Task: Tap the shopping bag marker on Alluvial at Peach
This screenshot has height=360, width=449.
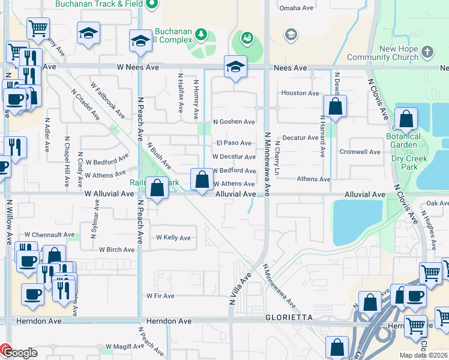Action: pyautogui.click(x=157, y=188)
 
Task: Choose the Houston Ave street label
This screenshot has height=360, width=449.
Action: pyautogui.click(x=300, y=93)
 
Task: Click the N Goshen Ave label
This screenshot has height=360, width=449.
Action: pyautogui.click(x=234, y=122)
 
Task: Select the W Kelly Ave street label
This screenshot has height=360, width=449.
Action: pyautogui.click(x=173, y=238)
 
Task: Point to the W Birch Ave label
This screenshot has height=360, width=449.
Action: pyautogui.click(x=116, y=250)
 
